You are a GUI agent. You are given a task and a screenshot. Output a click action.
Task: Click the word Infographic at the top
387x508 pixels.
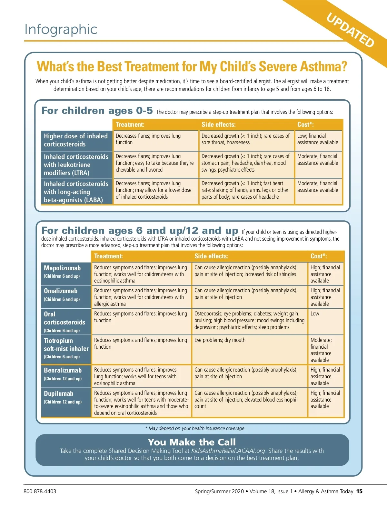point(61,29)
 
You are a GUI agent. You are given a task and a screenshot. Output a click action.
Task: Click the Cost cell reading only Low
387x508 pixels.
point(315,314)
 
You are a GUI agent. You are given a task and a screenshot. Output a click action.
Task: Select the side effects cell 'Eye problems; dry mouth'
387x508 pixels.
point(220,340)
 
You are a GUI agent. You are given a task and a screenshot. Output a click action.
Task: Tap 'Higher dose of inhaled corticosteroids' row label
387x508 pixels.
point(76,140)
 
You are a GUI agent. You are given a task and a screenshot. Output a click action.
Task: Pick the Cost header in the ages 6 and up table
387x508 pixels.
point(319,256)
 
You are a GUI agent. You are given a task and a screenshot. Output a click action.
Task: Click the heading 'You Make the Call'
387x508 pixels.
point(192,442)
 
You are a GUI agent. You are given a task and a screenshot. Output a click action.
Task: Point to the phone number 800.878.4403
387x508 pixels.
point(40,491)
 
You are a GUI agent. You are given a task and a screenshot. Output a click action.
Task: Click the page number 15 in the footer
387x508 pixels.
point(359,491)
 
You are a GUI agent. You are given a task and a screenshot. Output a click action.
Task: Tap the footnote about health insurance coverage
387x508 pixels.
point(195,428)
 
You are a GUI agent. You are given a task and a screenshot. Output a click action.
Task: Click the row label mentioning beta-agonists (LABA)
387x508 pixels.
point(76,192)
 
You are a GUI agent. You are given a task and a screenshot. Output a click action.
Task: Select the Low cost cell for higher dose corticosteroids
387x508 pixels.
point(318,139)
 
